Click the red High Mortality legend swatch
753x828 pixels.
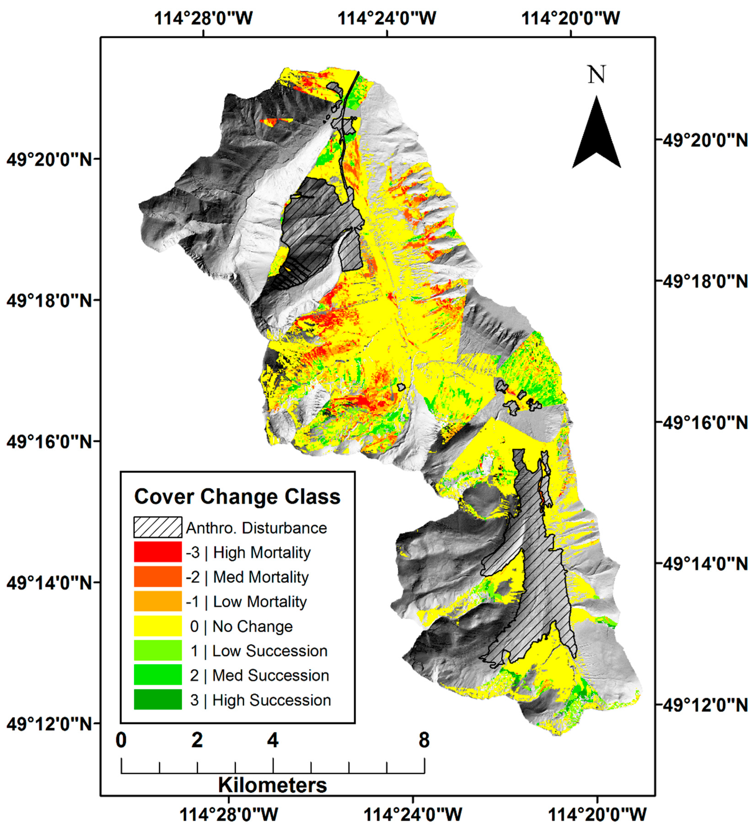click(x=157, y=552)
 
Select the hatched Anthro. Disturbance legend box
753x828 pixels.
click(x=157, y=527)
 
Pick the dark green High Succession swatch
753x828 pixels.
click(x=157, y=700)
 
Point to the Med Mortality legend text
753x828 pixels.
click(x=260, y=577)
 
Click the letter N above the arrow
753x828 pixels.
click(x=596, y=75)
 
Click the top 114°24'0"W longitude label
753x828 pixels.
click(x=386, y=18)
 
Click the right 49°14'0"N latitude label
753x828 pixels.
click(x=705, y=564)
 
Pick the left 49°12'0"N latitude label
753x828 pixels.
click(x=49, y=724)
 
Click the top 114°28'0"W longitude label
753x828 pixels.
click(x=203, y=18)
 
